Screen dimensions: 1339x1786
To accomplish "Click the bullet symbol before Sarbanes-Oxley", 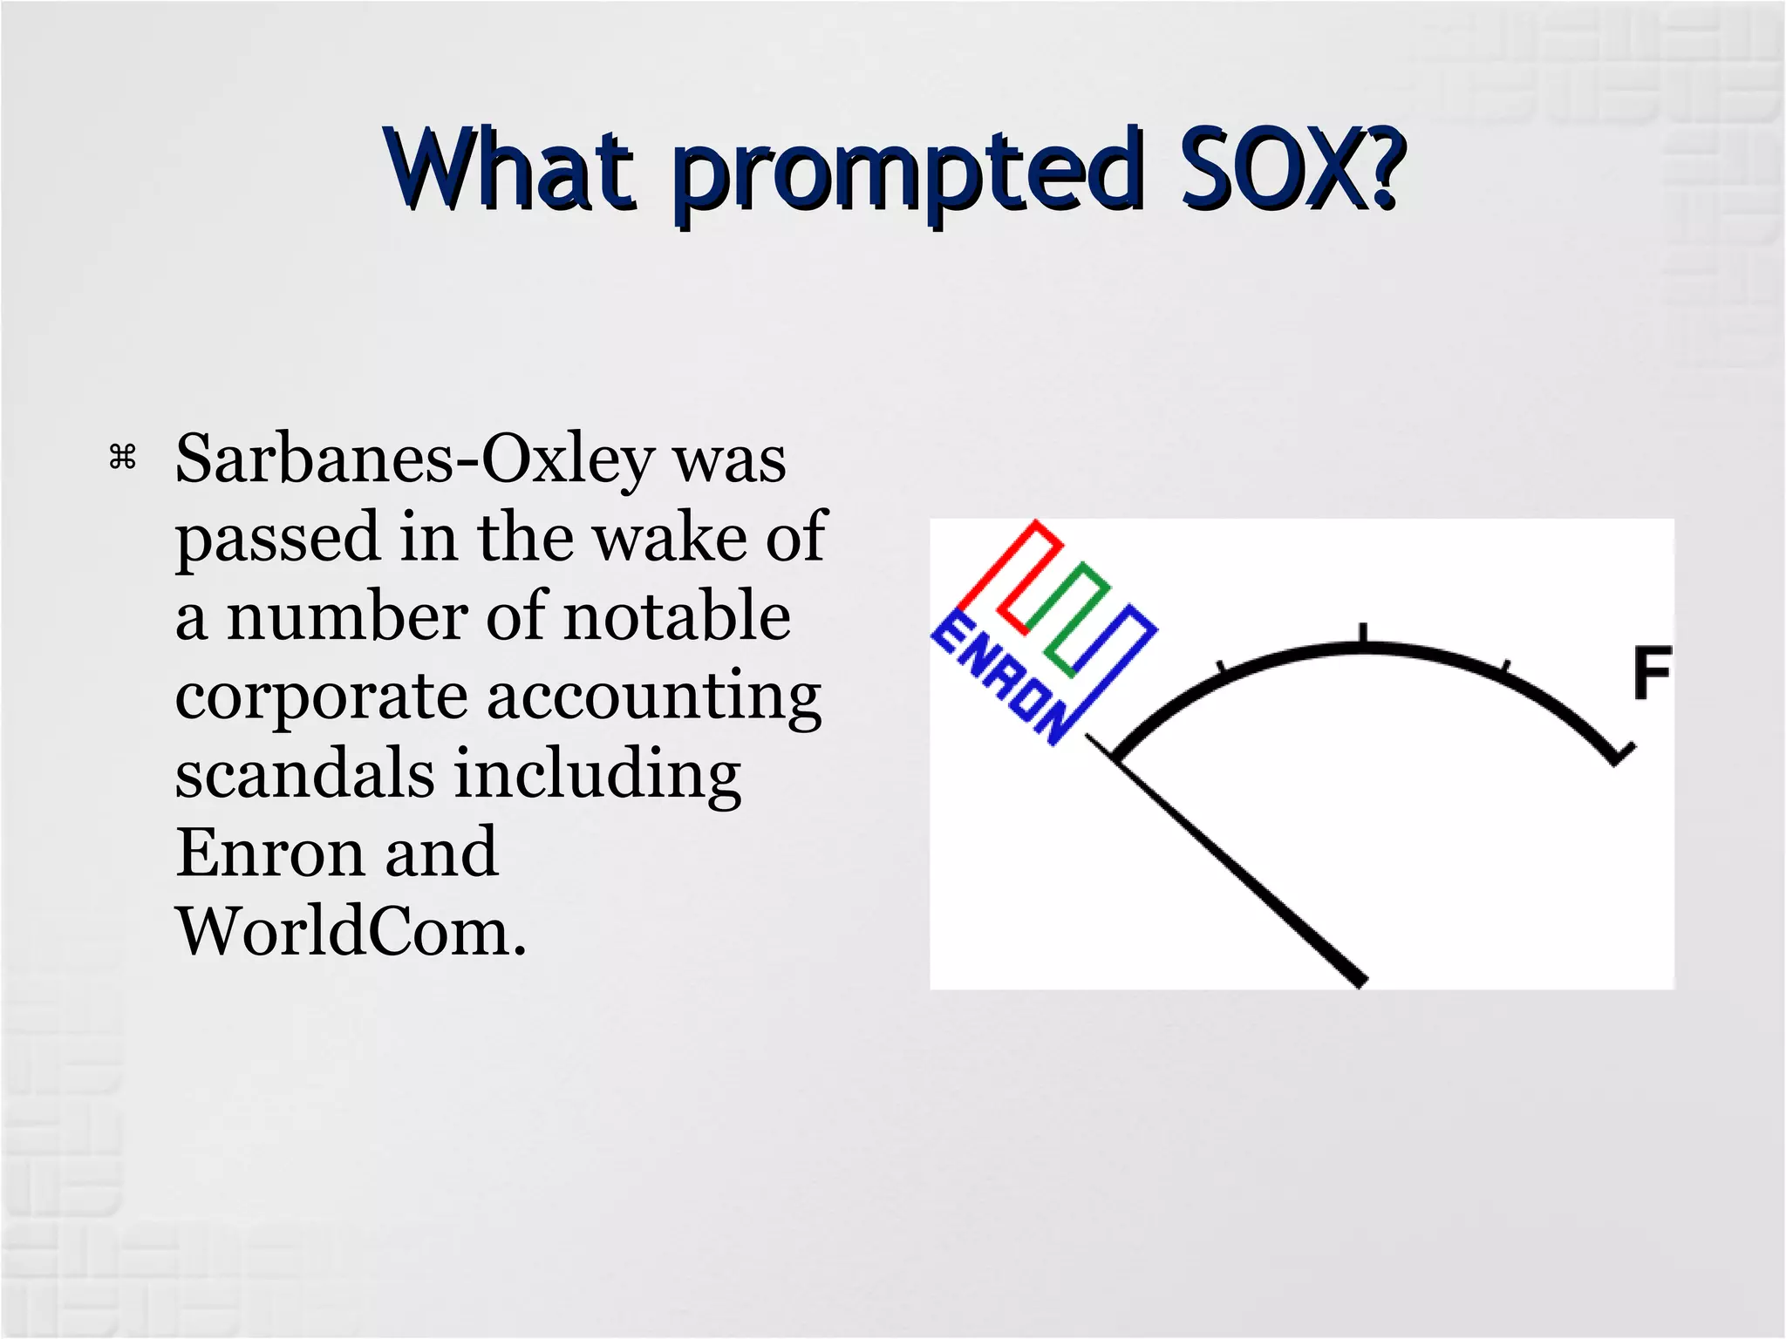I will click(x=123, y=457).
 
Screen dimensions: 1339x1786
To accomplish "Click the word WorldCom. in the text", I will click(x=351, y=932).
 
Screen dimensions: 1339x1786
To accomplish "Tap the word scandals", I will click(x=304, y=774).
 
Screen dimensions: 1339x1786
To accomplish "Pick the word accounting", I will click(x=654, y=697).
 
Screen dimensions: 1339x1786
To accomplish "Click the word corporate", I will click(x=321, y=697).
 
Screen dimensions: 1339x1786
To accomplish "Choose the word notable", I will click(x=678, y=616).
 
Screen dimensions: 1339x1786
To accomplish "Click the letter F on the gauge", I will click(x=1651, y=673).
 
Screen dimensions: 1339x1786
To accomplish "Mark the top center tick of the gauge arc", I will click(x=1363, y=635).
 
